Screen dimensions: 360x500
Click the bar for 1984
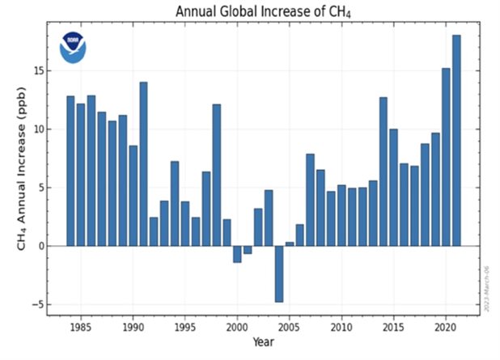[x=70, y=171]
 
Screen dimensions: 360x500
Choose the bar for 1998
[x=216, y=175]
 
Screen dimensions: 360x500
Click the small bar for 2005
[x=290, y=244]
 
